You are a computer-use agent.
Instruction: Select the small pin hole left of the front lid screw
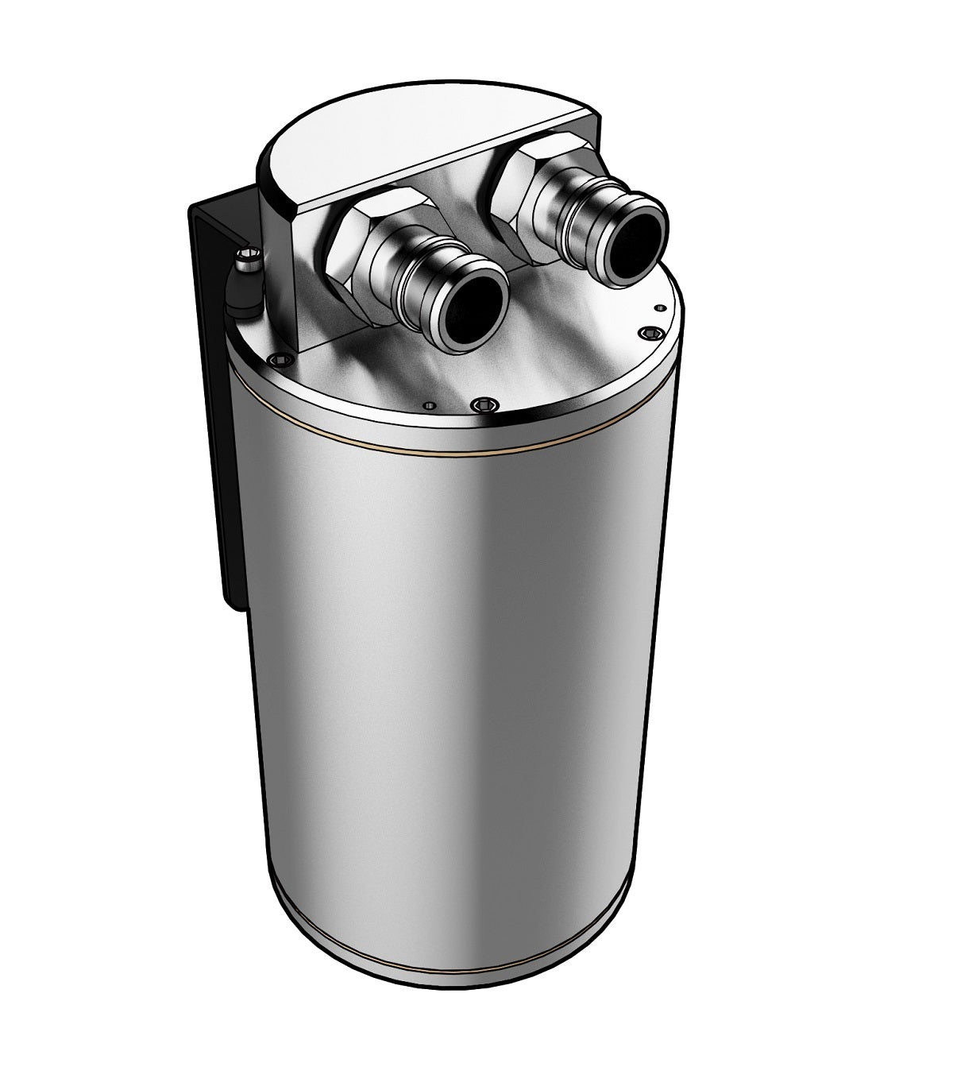click(430, 405)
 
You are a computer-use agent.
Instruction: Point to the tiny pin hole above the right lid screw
click(658, 307)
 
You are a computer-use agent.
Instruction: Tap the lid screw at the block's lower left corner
click(276, 360)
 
